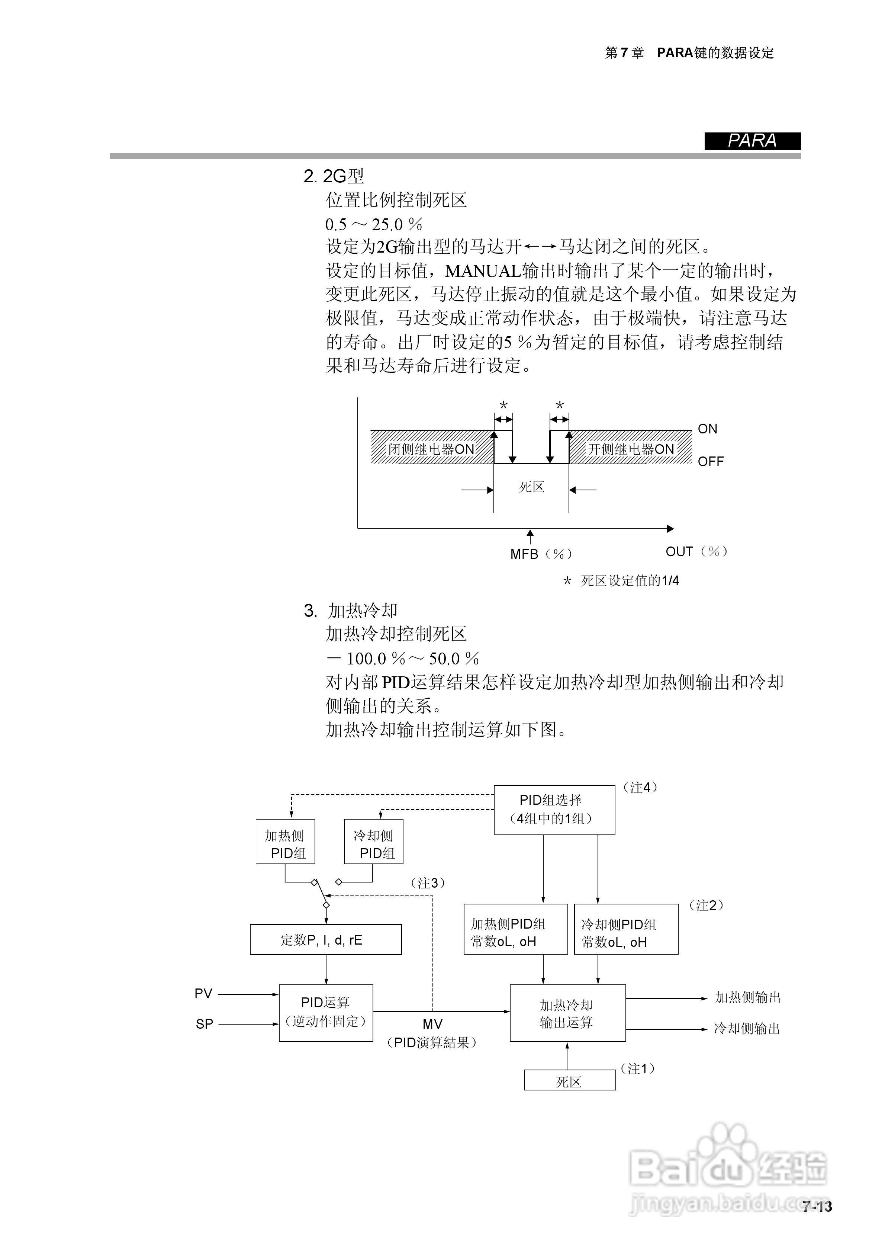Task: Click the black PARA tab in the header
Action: pos(752,141)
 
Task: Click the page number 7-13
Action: pos(817,1205)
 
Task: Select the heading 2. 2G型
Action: pos(334,176)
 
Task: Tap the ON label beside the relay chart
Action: pos(707,429)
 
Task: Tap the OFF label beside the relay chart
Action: pos(710,462)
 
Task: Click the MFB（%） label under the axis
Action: pos(541,554)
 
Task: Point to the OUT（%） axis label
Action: pos(696,552)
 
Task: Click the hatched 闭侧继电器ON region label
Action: pos(431,449)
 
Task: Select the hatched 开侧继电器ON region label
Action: pos(631,449)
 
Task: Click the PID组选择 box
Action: pos(554,810)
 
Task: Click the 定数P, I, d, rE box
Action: pos(326,939)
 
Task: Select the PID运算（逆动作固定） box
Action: pos(326,1013)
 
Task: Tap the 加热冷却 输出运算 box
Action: pos(567,1013)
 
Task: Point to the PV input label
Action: pos(203,994)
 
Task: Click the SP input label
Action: pos(205,1024)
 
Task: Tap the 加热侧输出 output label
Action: pos(747,997)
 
